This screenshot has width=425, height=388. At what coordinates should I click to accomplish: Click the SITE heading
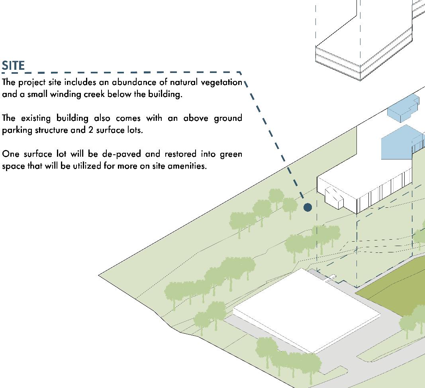[x=14, y=65]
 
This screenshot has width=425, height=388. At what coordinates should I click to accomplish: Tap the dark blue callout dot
[x=307, y=207]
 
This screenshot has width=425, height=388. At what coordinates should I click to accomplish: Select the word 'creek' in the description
[x=104, y=95]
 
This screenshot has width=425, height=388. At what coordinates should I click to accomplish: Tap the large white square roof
[x=306, y=311]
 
